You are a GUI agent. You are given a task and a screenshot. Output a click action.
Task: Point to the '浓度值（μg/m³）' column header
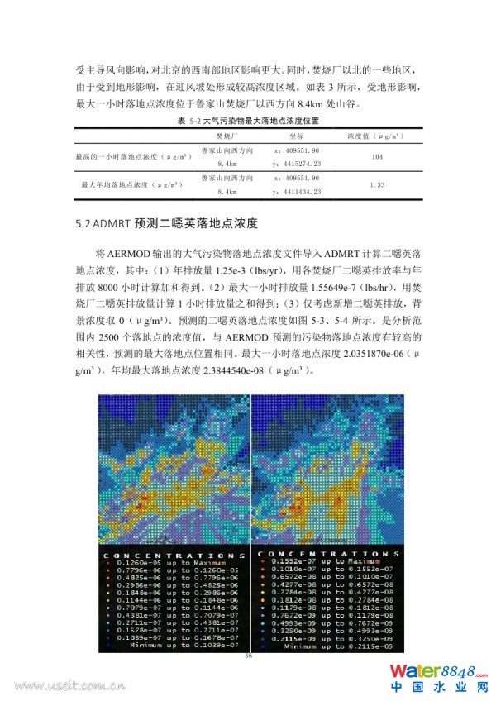(375, 135)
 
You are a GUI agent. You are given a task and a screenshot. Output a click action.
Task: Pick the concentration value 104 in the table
(376, 157)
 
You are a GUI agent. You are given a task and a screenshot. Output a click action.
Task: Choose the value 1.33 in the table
(377, 184)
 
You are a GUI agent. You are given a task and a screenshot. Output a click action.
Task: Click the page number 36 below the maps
(248, 655)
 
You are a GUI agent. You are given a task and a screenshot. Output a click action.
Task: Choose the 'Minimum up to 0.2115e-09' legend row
(326, 646)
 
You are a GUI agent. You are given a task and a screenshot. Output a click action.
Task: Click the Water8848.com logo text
(438, 671)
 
